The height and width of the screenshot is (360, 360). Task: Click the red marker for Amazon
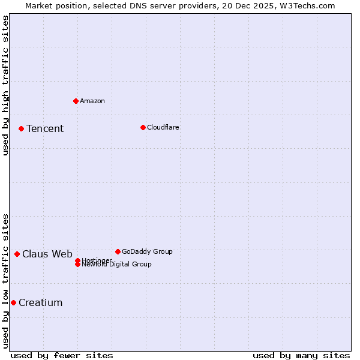coord(76,101)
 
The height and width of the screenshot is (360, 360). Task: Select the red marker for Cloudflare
coord(143,127)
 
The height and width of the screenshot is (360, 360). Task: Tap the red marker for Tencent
coord(21,128)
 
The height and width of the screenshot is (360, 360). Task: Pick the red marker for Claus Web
coord(17,254)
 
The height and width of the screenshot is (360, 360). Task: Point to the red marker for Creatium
coord(13,302)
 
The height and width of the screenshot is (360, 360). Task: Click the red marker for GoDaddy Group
coord(118,251)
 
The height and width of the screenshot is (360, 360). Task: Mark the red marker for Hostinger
coord(77,260)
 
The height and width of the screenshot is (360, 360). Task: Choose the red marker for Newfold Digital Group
coord(77,265)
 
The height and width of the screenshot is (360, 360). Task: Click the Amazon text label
coord(92,101)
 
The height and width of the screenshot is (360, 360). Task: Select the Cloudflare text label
coord(163,127)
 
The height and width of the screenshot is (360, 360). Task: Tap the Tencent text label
coord(45,128)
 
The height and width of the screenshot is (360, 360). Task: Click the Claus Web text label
coord(47,254)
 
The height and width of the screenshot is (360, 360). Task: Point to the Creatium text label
coord(41,302)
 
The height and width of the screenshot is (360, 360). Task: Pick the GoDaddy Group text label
coord(147,251)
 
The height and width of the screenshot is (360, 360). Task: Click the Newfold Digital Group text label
coord(117,265)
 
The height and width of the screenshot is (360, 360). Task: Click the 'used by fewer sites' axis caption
coord(62,355)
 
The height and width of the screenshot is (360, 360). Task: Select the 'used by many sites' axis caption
coord(301,355)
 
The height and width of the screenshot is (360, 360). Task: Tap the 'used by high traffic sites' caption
coord(5,85)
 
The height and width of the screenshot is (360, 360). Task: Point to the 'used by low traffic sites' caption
coord(5,280)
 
